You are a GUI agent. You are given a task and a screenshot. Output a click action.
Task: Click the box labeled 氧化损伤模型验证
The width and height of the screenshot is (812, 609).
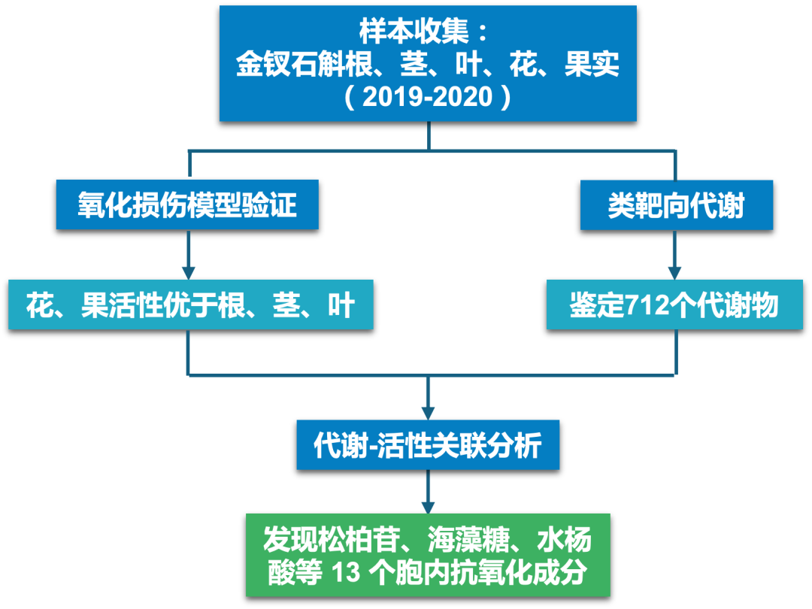tap(187, 205)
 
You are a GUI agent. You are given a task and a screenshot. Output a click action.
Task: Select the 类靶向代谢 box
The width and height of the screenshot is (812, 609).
tap(677, 205)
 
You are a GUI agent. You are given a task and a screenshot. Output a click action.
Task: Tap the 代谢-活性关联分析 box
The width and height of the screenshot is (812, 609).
tap(428, 445)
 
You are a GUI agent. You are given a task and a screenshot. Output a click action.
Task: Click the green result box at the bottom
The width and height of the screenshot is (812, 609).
tap(428, 555)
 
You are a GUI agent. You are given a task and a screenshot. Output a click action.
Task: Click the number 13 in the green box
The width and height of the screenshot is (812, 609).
tap(345, 572)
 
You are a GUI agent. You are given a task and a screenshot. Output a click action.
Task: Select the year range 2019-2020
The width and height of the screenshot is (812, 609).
tap(428, 97)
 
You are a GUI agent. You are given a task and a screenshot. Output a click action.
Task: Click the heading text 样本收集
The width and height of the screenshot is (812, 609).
tap(414, 31)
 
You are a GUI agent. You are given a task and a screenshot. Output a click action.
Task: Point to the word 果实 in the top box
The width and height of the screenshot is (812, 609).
tap(592, 64)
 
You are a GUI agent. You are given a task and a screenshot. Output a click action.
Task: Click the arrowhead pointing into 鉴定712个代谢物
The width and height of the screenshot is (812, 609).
tap(674, 273)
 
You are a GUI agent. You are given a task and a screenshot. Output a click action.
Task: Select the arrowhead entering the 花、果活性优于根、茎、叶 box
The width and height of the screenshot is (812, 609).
tap(189, 273)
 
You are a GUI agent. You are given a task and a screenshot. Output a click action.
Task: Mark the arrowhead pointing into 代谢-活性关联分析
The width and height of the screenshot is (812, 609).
tap(428, 414)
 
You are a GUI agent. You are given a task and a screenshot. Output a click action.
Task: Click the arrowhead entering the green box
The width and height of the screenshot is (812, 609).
tap(428, 507)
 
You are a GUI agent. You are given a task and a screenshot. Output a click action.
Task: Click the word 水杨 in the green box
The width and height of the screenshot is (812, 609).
tap(565, 539)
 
